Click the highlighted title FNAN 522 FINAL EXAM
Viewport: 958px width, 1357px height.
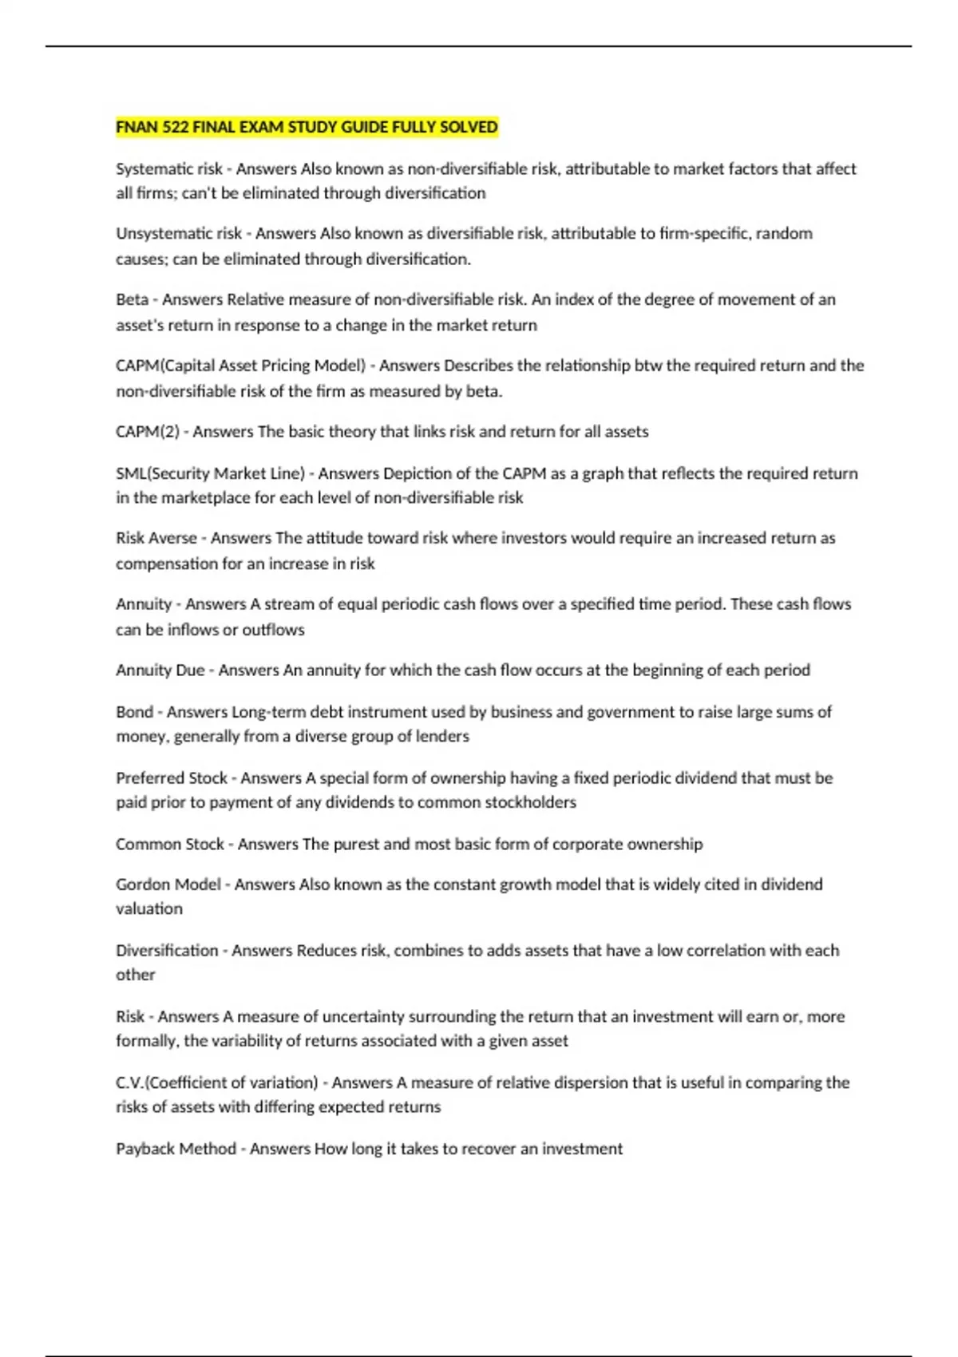coord(307,127)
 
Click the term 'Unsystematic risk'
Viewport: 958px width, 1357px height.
coord(179,234)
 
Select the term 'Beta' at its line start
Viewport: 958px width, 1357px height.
coord(132,300)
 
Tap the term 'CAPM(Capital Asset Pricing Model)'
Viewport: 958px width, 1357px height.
coord(240,366)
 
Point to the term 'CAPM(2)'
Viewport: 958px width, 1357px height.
coord(148,432)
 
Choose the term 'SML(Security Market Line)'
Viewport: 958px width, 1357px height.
coord(210,473)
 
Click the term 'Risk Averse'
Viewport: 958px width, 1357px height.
coord(156,538)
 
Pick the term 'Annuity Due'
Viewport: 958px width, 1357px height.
coord(160,671)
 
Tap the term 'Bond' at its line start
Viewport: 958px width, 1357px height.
coord(134,712)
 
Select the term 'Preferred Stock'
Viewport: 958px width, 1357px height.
coord(172,778)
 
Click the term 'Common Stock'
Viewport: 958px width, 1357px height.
coord(170,845)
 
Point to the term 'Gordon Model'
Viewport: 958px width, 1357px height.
coord(168,884)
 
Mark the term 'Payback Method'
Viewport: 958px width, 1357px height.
coord(176,1149)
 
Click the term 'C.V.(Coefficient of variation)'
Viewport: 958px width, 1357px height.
coord(216,1083)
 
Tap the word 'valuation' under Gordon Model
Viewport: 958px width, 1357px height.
coord(149,909)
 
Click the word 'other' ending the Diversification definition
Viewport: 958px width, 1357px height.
coord(135,975)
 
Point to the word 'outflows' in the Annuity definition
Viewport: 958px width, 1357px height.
coord(273,630)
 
